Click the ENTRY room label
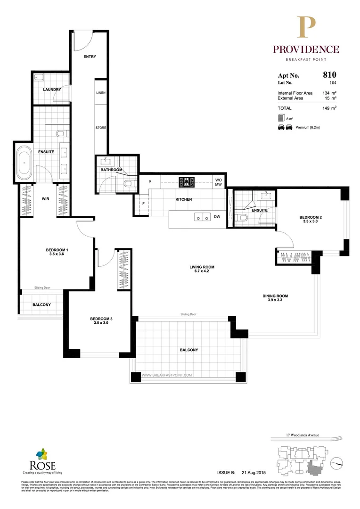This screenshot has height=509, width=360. click(x=90, y=57)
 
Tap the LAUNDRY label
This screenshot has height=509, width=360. click(x=50, y=90)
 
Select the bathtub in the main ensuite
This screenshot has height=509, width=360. click(x=24, y=164)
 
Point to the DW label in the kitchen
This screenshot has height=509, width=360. click(x=217, y=217)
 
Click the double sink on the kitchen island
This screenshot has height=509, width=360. click(x=203, y=217)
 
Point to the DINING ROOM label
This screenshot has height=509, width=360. click(x=275, y=296)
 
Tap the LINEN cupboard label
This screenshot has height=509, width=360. click(x=100, y=93)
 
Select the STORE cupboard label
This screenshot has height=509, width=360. click(x=100, y=128)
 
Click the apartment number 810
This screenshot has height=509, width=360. click(x=329, y=74)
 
